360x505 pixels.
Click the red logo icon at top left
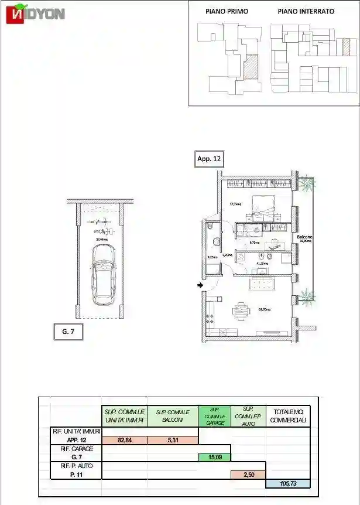click(15, 15)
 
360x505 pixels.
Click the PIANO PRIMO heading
click(226, 11)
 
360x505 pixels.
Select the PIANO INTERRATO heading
click(306, 11)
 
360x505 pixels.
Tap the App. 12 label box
click(209, 159)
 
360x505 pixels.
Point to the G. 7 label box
click(68, 332)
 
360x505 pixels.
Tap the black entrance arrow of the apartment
click(200, 285)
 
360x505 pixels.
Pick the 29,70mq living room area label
click(264, 309)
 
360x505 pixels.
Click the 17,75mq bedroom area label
click(235, 204)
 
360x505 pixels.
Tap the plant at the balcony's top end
click(306, 183)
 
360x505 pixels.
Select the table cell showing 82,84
click(124, 439)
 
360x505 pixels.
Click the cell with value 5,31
click(172, 439)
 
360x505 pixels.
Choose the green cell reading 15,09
click(214, 457)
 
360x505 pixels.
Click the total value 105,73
click(287, 483)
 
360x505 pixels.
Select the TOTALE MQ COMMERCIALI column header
click(287, 416)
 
